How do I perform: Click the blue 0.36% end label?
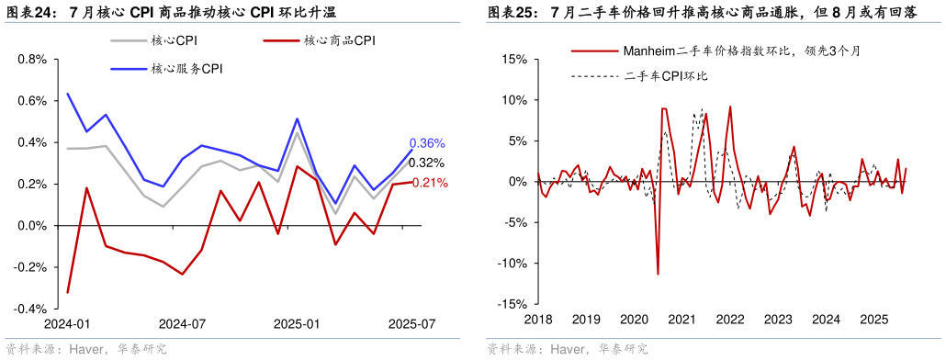point(427,143)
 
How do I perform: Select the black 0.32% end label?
point(427,163)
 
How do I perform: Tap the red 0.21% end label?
point(430,183)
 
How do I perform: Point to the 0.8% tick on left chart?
point(32,60)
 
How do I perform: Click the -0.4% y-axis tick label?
point(30,309)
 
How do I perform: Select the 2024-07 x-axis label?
point(182,324)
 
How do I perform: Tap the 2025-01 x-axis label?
point(297,324)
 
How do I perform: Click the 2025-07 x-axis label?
point(411,324)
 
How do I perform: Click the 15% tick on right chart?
point(513,60)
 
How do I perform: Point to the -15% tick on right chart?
point(512,304)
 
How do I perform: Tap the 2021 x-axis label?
point(681,320)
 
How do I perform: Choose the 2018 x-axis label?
point(538,320)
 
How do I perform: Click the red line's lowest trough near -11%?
point(658,274)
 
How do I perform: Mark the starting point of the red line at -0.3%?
point(69,293)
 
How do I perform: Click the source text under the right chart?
point(567,349)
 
